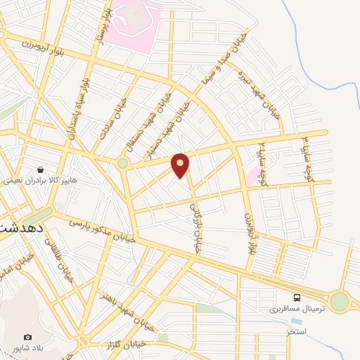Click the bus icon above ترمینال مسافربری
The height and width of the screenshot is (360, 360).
[297, 297]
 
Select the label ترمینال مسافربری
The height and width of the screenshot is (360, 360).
[297, 309]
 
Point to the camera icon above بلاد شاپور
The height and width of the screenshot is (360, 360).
[27, 337]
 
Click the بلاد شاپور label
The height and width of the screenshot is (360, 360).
[27, 348]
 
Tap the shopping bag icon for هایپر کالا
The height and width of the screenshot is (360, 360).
[41, 169]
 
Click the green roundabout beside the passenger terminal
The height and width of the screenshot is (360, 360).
[340, 302]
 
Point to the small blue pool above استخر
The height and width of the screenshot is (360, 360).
[289, 319]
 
